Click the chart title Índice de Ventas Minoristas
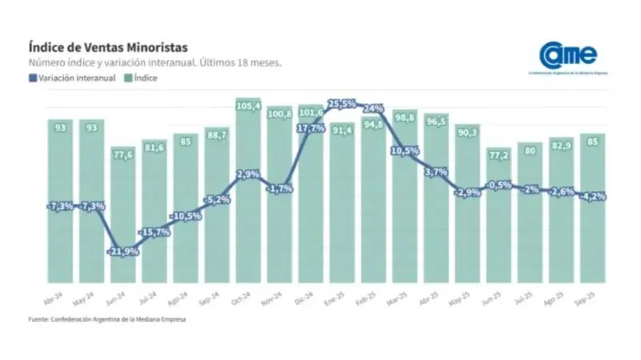[108, 47]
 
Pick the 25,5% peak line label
[342, 103]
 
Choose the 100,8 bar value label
[280, 114]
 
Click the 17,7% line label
[310, 128]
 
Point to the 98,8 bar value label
[405, 118]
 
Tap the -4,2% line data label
[594, 196]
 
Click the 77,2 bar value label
[499, 155]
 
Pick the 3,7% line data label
[437, 172]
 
